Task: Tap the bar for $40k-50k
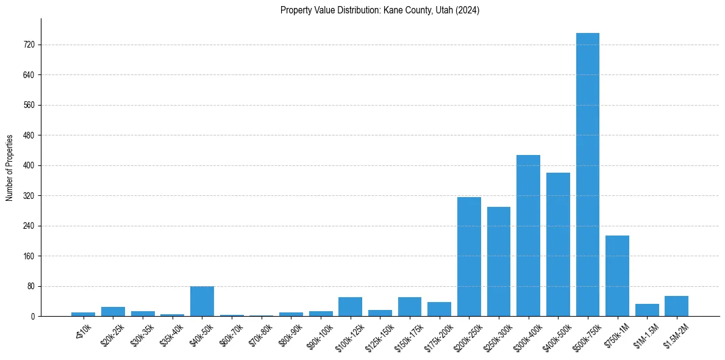[202, 301]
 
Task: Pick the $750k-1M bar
[617, 276]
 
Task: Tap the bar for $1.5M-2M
[676, 306]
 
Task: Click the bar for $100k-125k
[350, 307]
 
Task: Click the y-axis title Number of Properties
[9, 168]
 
